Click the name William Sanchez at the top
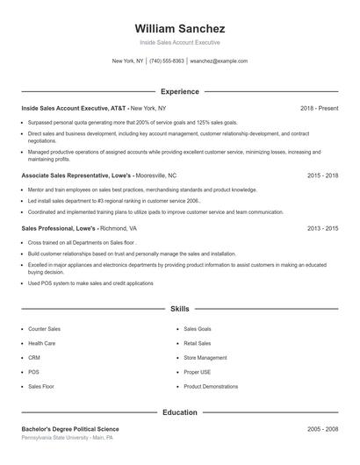point(180,28)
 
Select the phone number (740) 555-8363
point(167,61)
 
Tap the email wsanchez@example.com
point(219,61)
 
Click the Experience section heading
point(180,91)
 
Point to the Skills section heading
point(180,310)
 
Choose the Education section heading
point(180,411)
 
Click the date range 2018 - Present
point(319,108)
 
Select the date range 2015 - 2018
point(322,175)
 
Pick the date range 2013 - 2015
point(322,228)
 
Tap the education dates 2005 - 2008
point(322,428)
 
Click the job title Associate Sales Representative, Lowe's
point(75,175)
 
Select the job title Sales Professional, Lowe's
point(60,228)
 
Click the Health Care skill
point(42,343)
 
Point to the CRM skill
point(34,357)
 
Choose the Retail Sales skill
point(198,343)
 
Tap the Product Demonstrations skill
point(211,385)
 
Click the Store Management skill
point(205,357)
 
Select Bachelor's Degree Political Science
point(70,428)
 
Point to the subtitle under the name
point(180,42)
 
